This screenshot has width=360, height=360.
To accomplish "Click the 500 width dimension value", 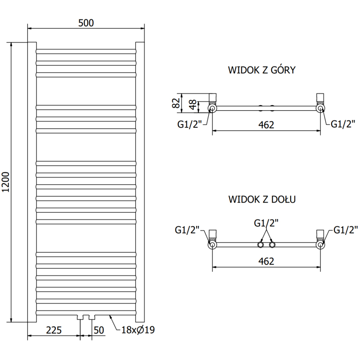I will (x=85, y=23).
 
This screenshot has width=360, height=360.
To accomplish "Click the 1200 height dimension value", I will (x=6, y=183).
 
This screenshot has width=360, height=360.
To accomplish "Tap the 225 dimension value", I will (x=54, y=330).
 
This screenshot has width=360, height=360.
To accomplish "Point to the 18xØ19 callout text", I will (x=138, y=330).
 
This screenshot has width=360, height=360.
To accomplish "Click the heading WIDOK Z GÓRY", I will (x=261, y=70).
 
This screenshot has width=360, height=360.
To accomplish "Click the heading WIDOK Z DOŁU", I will (x=261, y=198).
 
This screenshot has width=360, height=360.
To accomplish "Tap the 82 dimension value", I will (x=176, y=103).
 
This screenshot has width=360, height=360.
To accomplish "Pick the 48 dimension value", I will (x=192, y=106).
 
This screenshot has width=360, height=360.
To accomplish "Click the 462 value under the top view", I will (x=266, y=125).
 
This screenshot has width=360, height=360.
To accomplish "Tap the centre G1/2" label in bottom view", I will (x=266, y=223).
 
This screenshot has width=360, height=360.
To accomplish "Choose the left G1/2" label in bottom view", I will (x=187, y=231).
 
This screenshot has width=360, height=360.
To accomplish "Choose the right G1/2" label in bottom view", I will (x=346, y=231).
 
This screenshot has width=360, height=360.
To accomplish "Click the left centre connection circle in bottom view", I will (x=260, y=244).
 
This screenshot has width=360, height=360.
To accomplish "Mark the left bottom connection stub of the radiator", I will (x=81, y=317).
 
